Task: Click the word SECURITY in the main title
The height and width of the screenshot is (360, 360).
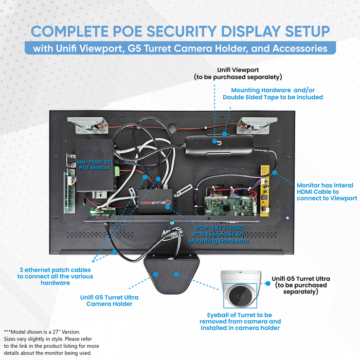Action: click(179, 31)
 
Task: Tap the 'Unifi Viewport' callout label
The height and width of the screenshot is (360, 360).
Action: click(238, 73)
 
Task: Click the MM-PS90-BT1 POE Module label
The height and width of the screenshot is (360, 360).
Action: click(94, 165)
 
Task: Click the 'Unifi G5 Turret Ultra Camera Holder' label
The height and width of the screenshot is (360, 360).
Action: click(109, 300)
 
